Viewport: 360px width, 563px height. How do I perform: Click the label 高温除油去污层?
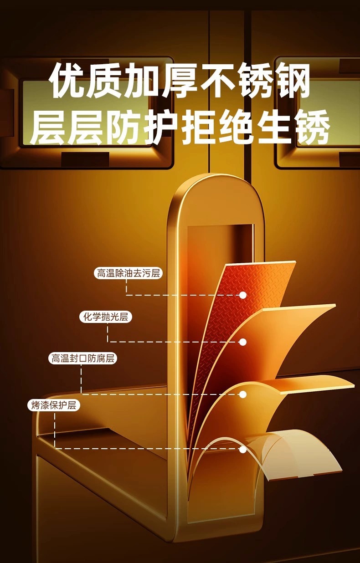(x=128, y=273)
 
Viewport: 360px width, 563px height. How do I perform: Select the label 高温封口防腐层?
(x=82, y=358)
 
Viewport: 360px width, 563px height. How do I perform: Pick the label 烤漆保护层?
(x=54, y=405)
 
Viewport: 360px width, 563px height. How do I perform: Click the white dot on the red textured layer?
(x=243, y=295)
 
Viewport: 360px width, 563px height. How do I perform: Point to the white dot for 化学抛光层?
(x=243, y=342)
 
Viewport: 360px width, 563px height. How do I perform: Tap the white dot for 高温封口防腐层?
(x=243, y=394)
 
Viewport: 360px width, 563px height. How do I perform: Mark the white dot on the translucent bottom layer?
(x=243, y=450)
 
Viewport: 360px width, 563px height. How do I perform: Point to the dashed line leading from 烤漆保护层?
(x=137, y=449)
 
